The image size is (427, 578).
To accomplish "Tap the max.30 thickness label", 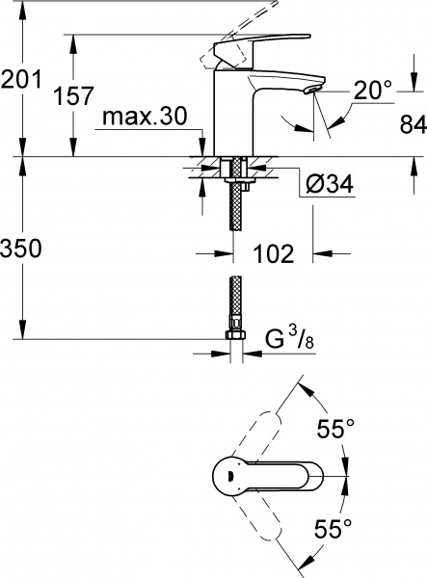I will point(145,119).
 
